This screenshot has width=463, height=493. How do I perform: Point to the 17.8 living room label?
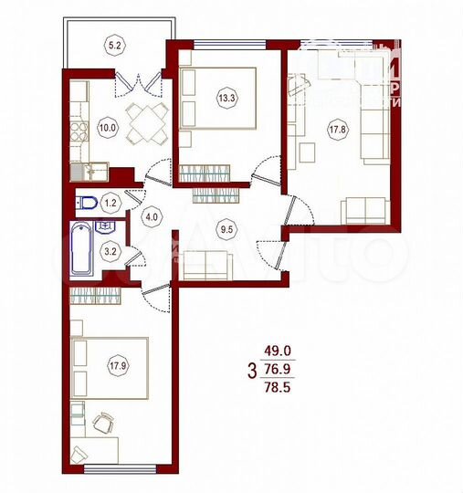(337, 128)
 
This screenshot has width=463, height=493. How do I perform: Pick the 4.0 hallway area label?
(152, 217)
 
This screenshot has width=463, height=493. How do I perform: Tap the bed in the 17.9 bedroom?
(110, 367)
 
